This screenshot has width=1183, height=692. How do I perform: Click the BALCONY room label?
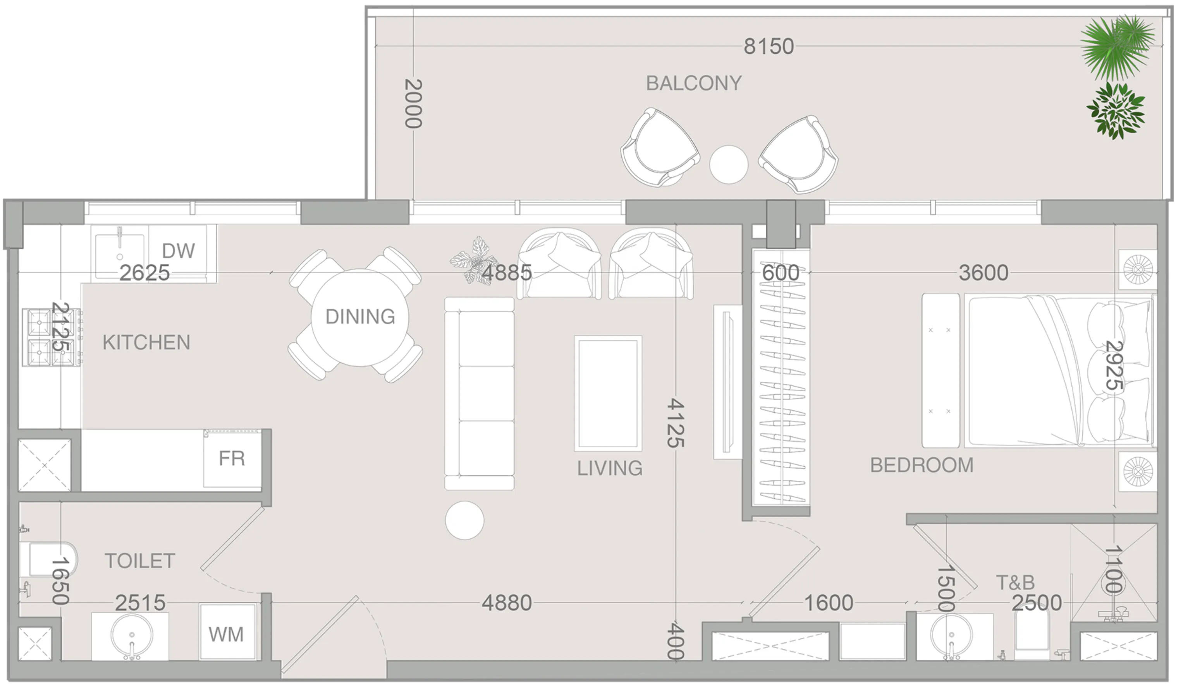pos(693,84)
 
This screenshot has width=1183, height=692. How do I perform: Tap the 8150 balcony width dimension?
pos(769,46)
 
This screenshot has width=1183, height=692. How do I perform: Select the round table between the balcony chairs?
pos(728,164)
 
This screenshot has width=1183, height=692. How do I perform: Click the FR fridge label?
pos(232,458)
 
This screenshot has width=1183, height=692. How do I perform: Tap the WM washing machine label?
pos(226,635)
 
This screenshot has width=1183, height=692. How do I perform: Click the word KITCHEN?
pos(146,343)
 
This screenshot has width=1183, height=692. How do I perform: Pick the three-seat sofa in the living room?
pos(479,393)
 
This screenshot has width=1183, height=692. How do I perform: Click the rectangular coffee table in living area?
pos(607,393)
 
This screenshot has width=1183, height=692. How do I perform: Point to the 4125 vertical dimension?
pos(675,423)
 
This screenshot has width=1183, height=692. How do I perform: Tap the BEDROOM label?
pos(922,466)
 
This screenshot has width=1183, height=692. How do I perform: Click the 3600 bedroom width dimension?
pos(983,272)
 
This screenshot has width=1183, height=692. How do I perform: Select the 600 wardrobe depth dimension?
pos(780,272)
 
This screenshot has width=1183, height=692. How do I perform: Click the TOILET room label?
pos(139,561)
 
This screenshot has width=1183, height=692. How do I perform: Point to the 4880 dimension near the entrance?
pos(507,603)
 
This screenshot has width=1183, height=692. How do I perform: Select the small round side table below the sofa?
pos(464,520)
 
